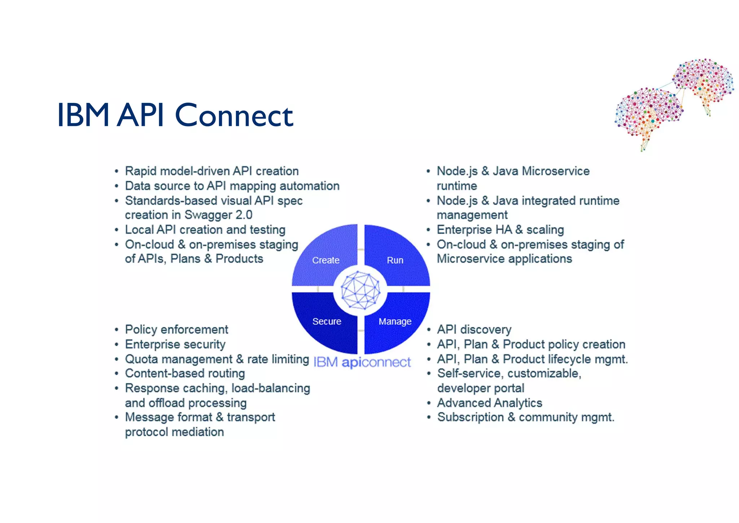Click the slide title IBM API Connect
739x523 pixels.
point(175,115)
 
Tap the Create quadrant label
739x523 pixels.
point(325,260)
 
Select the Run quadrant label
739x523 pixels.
point(395,260)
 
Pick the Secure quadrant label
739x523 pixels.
point(327,321)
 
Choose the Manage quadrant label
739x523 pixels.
point(395,321)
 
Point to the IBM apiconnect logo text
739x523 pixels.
point(362,362)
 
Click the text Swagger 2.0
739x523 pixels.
point(218,215)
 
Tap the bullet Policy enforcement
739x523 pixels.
point(176,329)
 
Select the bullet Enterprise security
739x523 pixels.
point(175,344)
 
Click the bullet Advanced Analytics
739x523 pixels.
point(490,403)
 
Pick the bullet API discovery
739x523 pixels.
point(474,329)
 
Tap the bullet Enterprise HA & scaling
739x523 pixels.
point(500,230)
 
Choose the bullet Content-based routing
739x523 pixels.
point(185,373)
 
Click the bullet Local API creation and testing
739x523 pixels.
point(205,230)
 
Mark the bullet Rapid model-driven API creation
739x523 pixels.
point(212,171)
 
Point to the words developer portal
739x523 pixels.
point(481,388)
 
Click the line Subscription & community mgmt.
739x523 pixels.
point(525,417)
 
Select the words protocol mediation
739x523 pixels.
point(174,432)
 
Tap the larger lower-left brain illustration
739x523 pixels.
point(648,114)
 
